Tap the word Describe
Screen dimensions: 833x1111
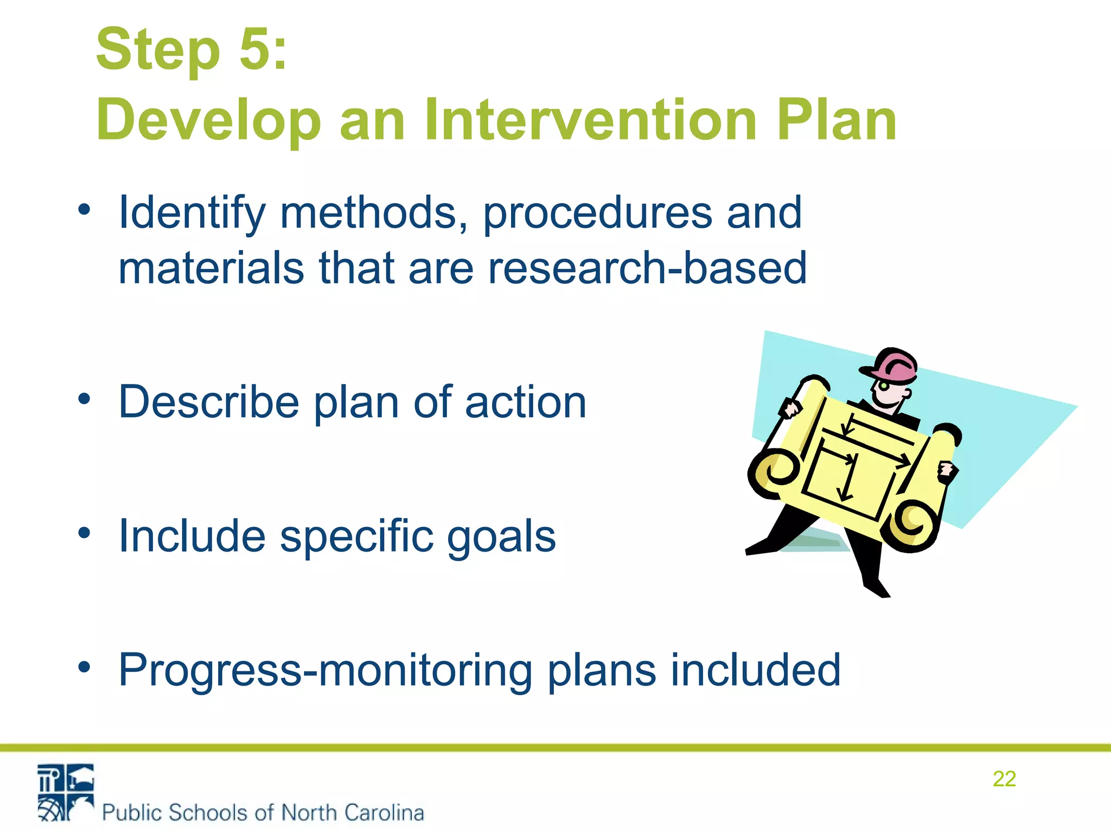coord(208,402)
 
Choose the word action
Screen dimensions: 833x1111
coord(525,402)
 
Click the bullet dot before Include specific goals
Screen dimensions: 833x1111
coord(84,533)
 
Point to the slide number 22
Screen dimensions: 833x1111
coord(1004,779)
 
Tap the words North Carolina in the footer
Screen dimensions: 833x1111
coord(353,812)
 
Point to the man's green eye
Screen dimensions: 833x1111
coord(884,386)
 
